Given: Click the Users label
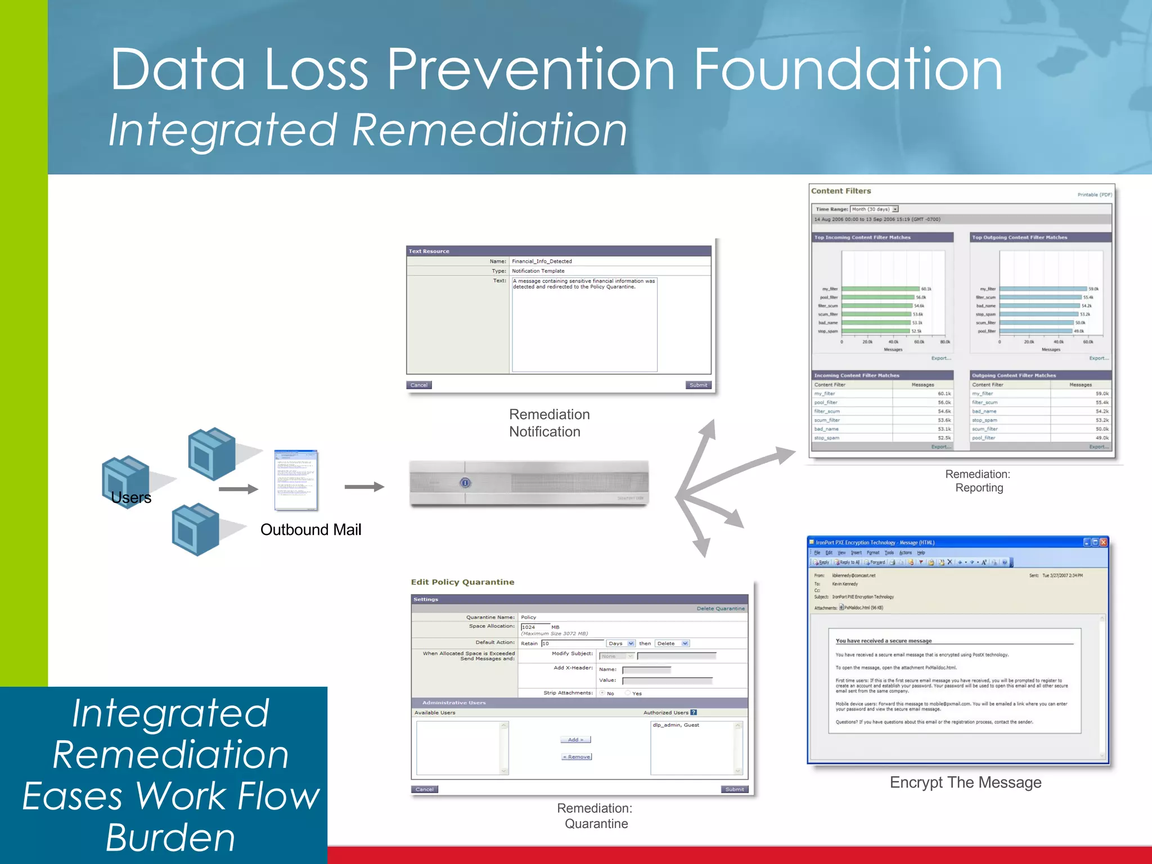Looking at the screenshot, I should tap(131, 498).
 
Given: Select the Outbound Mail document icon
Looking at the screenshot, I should tap(296, 480).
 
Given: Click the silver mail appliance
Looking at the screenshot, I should tap(529, 483).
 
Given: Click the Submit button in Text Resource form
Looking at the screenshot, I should tap(698, 385).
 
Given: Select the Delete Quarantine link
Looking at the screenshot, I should tap(720, 609).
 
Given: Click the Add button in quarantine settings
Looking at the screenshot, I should tap(575, 740).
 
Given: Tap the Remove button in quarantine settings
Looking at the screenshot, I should tap(577, 757).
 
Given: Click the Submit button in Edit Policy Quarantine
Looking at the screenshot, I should tap(734, 790).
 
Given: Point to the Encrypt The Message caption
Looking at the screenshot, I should tap(965, 782).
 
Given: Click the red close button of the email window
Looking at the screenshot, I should tap(1103, 542).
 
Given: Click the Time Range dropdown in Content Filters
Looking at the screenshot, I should tap(874, 209).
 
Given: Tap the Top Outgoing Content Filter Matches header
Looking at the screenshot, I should tap(1019, 237).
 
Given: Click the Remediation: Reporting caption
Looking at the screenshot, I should tap(978, 481).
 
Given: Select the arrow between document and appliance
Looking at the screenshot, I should tap(364, 487).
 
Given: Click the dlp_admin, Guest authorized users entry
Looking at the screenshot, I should tap(676, 725).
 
